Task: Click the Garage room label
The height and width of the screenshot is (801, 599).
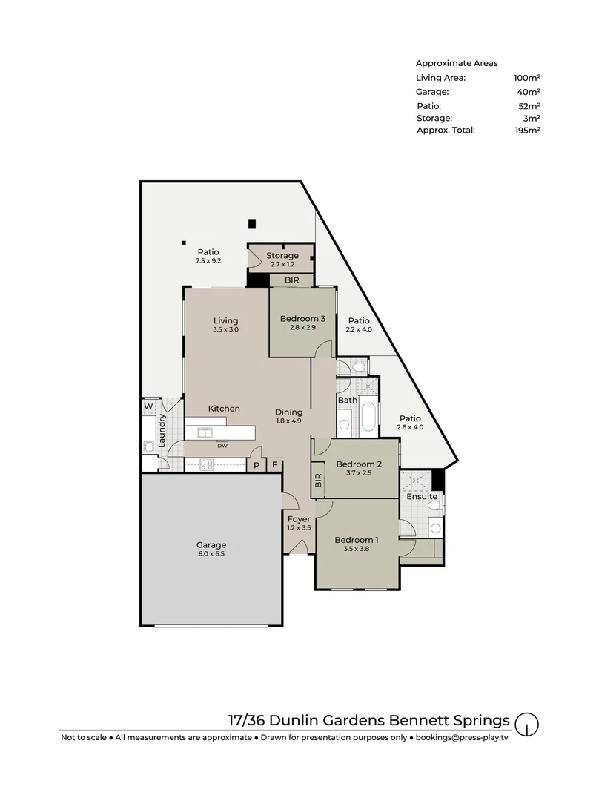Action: (x=211, y=544)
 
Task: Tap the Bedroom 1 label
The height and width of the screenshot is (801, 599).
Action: (x=356, y=540)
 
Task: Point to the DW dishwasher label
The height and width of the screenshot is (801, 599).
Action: (x=222, y=446)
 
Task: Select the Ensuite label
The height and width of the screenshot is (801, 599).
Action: (x=422, y=496)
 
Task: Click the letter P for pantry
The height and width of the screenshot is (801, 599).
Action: (x=257, y=465)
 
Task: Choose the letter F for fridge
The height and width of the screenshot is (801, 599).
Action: (x=274, y=465)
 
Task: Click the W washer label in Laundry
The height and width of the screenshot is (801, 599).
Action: (x=148, y=406)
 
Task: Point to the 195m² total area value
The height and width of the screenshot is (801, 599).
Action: (x=528, y=130)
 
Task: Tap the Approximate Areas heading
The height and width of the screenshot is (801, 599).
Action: (x=457, y=63)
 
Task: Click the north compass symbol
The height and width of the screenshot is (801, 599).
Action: (x=526, y=723)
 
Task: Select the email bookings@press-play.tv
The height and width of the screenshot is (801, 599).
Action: (x=462, y=738)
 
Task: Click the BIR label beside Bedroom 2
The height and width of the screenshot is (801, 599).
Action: (x=318, y=483)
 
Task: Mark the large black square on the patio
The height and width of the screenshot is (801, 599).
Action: (x=252, y=223)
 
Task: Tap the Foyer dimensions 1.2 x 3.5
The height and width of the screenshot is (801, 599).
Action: (x=299, y=528)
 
